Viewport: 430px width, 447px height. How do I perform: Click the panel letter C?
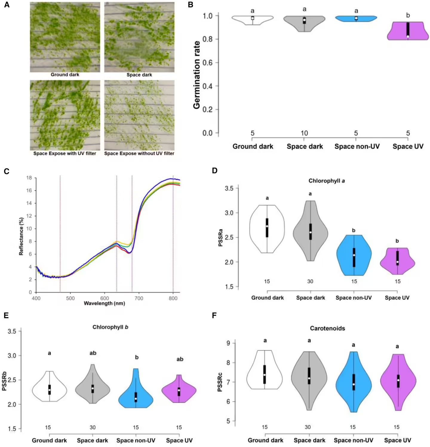point(7,171)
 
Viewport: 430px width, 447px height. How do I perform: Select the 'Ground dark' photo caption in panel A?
point(65,75)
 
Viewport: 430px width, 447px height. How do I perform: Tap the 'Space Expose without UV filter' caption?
point(139,153)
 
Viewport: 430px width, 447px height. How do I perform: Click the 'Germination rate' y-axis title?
point(196,75)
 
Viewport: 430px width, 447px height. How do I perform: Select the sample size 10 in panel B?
point(304,133)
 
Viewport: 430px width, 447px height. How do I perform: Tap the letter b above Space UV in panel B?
point(408,15)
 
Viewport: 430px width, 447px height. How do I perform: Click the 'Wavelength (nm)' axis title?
point(104,303)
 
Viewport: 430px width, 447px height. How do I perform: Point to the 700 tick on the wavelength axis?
point(139,298)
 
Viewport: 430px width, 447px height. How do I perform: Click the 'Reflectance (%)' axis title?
point(21,236)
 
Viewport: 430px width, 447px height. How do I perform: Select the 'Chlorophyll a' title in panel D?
point(326,181)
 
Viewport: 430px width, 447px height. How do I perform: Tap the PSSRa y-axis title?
point(221,238)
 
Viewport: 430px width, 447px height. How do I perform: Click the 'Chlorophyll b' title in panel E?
point(110,327)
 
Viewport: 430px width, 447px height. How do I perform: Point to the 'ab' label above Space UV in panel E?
point(180,359)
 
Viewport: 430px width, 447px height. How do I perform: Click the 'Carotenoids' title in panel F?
point(327,328)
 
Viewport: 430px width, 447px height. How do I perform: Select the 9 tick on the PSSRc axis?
point(228,343)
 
